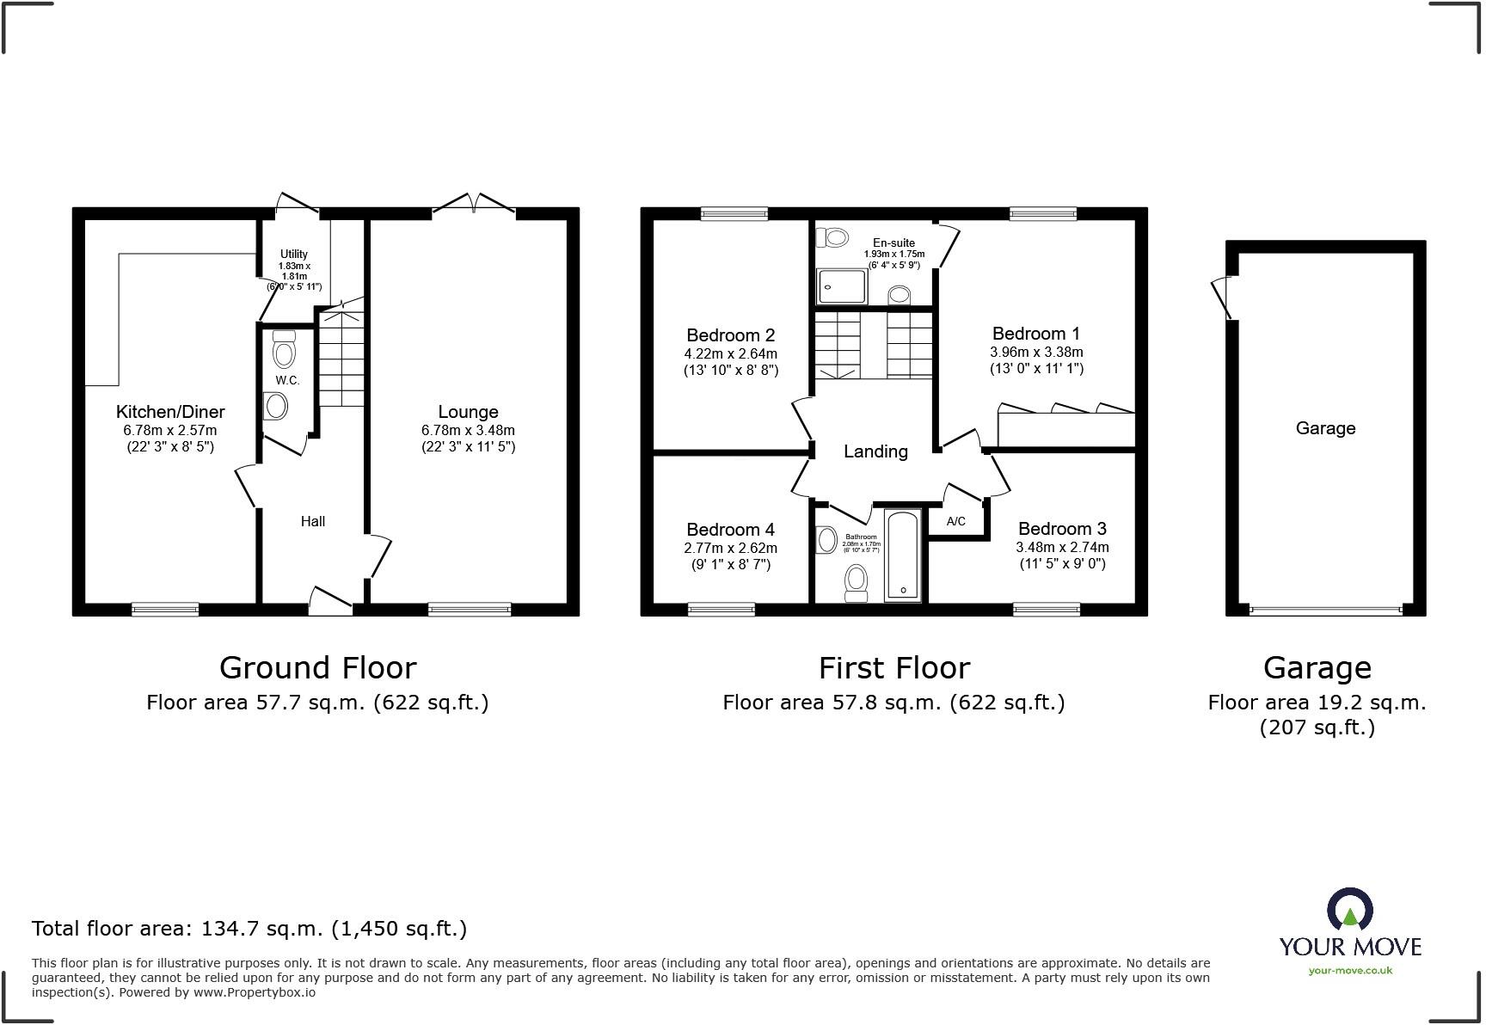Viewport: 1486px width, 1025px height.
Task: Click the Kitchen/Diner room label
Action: [x=170, y=412]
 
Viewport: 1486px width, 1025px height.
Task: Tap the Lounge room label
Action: [x=468, y=412]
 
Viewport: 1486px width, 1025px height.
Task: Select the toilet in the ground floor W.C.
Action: [x=283, y=349]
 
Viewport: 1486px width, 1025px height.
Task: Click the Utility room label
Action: [x=293, y=254]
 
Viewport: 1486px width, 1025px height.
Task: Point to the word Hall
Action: [x=313, y=521]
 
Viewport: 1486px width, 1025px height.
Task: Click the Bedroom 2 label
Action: [x=730, y=335]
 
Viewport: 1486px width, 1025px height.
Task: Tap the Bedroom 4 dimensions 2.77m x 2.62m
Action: [x=730, y=548]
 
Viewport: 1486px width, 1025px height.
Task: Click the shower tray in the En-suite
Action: [x=842, y=285]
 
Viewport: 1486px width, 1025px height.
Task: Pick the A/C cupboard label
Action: [x=955, y=521]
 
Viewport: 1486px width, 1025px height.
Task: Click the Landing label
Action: [x=875, y=451]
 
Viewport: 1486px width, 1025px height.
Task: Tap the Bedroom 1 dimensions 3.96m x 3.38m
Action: [x=1036, y=352]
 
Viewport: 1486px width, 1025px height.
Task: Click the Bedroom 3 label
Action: [x=1062, y=529]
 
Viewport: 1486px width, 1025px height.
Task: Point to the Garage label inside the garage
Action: [x=1325, y=428]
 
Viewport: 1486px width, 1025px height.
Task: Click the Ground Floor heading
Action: [x=317, y=668]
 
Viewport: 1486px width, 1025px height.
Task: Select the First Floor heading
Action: [x=893, y=668]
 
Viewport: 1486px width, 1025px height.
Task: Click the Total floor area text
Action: [x=249, y=929]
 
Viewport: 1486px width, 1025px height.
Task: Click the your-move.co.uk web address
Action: [x=1350, y=971]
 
